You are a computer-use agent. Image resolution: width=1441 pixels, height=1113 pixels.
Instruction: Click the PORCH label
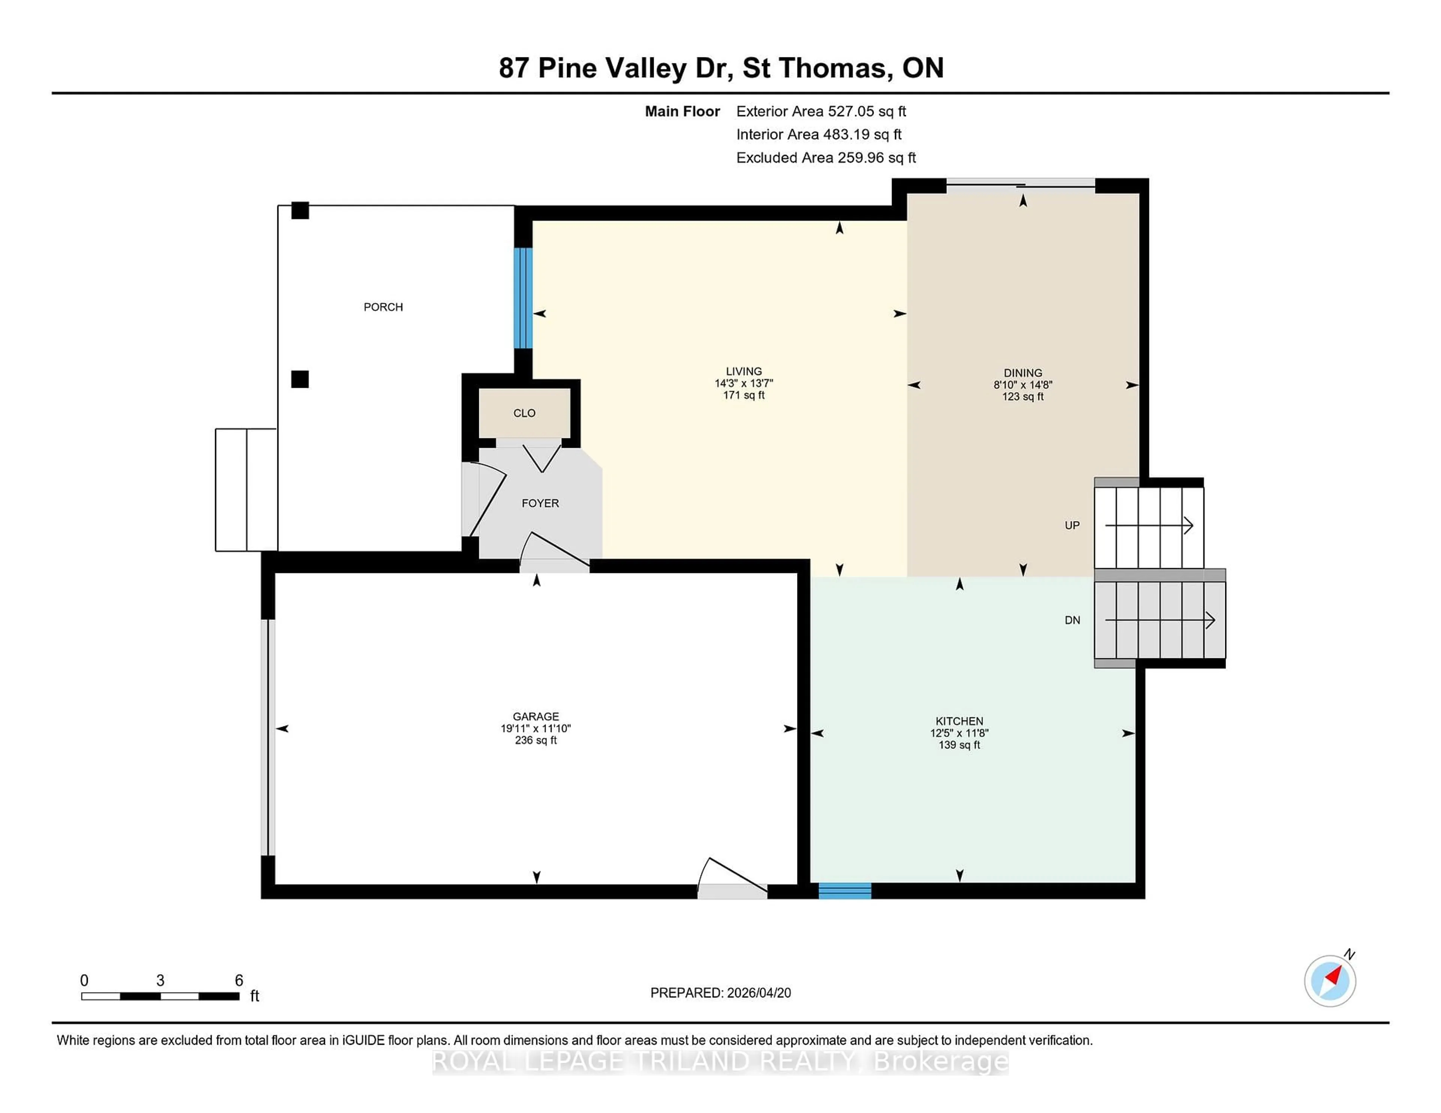(383, 307)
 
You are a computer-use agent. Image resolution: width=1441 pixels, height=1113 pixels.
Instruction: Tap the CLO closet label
(524, 413)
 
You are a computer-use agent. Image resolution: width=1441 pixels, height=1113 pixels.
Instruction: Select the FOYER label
(540, 503)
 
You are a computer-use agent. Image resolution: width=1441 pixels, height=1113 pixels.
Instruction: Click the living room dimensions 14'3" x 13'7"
(744, 383)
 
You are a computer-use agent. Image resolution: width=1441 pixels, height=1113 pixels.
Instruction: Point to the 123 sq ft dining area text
(1023, 396)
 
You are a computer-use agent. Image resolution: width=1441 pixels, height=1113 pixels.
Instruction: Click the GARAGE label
(536, 716)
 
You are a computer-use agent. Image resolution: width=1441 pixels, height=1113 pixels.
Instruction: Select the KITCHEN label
(959, 721)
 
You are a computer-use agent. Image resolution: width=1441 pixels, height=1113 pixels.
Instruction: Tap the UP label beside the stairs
(1071, 525)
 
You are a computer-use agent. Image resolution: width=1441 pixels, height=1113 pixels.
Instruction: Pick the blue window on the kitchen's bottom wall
(845, 891)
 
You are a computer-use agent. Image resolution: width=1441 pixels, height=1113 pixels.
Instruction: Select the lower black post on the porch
(300, 379)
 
